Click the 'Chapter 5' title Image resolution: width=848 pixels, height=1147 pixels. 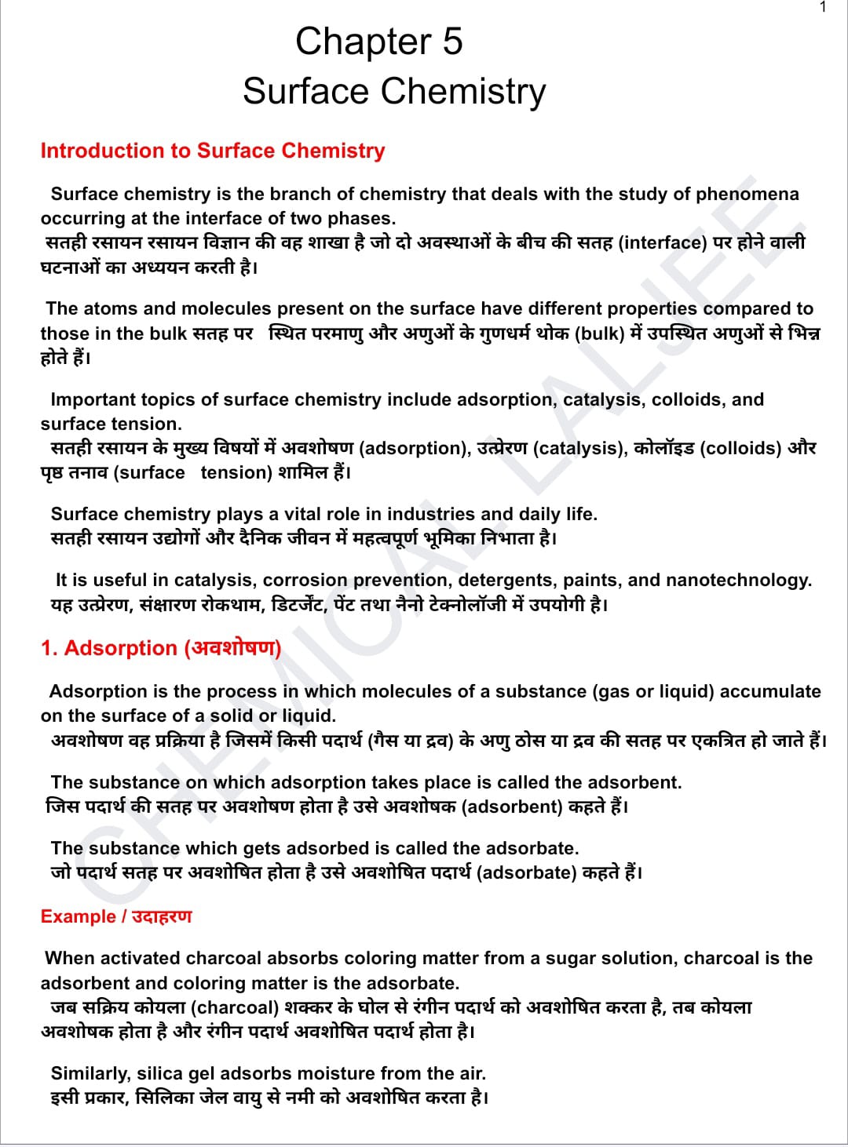coord(378,42)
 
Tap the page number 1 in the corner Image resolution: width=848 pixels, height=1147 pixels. coord(823,7)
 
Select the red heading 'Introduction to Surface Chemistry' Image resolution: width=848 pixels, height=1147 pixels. coord(213,151)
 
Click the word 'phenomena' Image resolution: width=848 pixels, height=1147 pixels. coord(747,194)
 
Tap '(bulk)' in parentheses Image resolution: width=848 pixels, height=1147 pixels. coord(600,333)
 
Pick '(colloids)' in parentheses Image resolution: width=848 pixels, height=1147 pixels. coord(740,448)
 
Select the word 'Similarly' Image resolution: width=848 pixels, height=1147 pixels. coord(90,1073)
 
